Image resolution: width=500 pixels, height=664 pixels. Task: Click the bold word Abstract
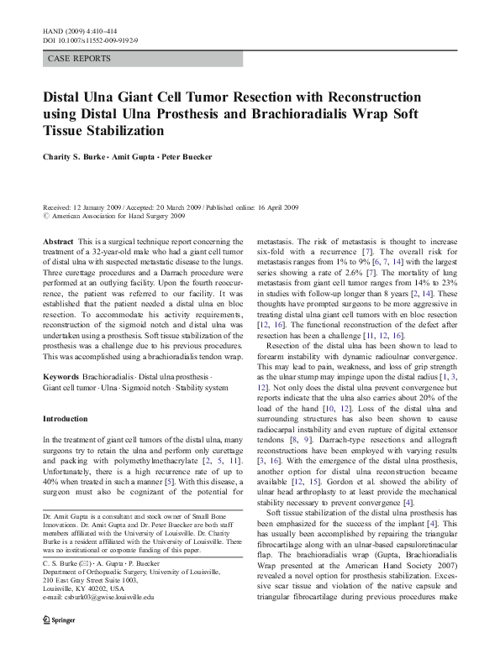click(x=58, y=241)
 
